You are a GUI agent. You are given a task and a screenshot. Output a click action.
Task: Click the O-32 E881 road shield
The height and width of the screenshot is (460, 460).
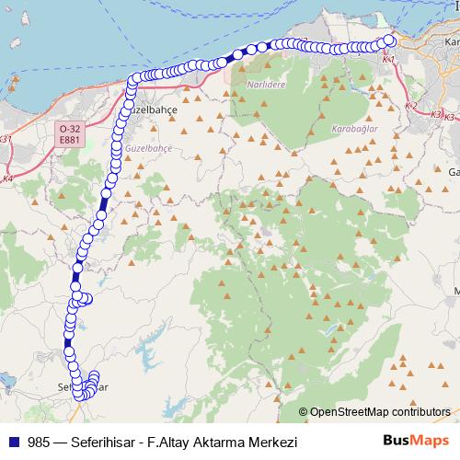click(x=67, y=132)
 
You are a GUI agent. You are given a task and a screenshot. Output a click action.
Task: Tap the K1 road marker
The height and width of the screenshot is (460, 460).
click(x=388, y=58)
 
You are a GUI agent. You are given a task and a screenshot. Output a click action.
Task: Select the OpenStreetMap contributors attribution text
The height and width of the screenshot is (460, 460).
click(x=373, y=412)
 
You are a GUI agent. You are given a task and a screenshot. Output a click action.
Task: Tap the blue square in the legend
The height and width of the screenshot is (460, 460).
click(x=13, y=442)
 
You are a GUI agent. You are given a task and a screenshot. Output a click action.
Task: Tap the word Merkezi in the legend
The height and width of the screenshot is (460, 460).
click(x=279, y=442)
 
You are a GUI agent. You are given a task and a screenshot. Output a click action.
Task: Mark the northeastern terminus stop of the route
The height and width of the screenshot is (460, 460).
click(x=389, y=40)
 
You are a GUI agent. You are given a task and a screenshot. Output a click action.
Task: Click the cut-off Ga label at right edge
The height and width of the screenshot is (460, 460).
click(x=453, y=172)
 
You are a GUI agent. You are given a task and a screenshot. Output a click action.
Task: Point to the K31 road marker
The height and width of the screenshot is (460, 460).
click(x=7, y=139)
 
